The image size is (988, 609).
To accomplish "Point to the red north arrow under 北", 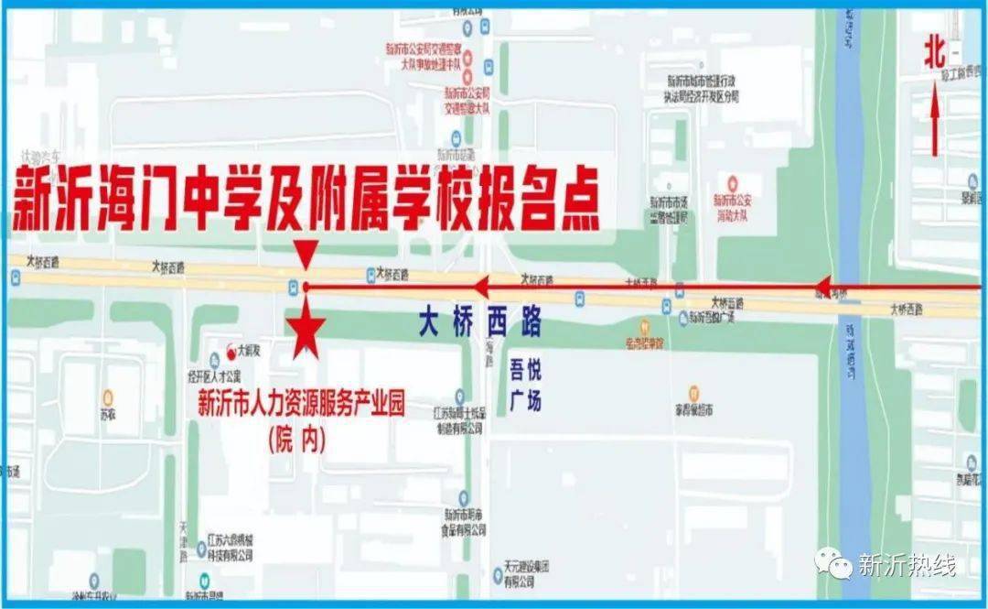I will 935,124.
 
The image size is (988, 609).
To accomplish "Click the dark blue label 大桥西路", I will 480,321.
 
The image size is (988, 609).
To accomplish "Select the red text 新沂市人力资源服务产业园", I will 301,404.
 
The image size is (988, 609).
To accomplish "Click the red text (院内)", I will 297,440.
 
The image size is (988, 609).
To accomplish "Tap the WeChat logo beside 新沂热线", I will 835,562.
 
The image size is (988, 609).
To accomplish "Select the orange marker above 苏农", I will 108,397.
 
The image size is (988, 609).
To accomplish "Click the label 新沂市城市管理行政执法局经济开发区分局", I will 701,86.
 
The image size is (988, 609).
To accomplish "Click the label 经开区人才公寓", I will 215,376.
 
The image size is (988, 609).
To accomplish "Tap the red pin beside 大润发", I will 229,349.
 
